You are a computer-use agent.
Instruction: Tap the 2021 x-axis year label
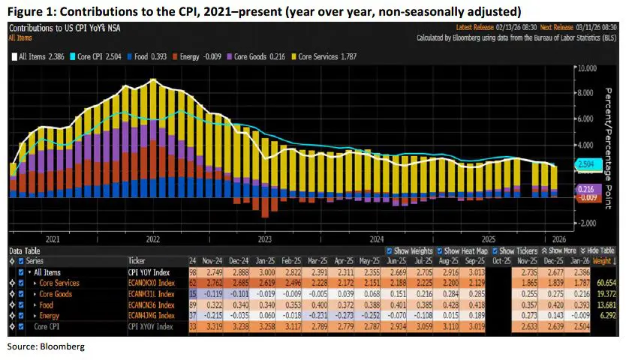point(53,239)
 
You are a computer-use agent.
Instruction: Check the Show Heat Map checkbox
point(440,250)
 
